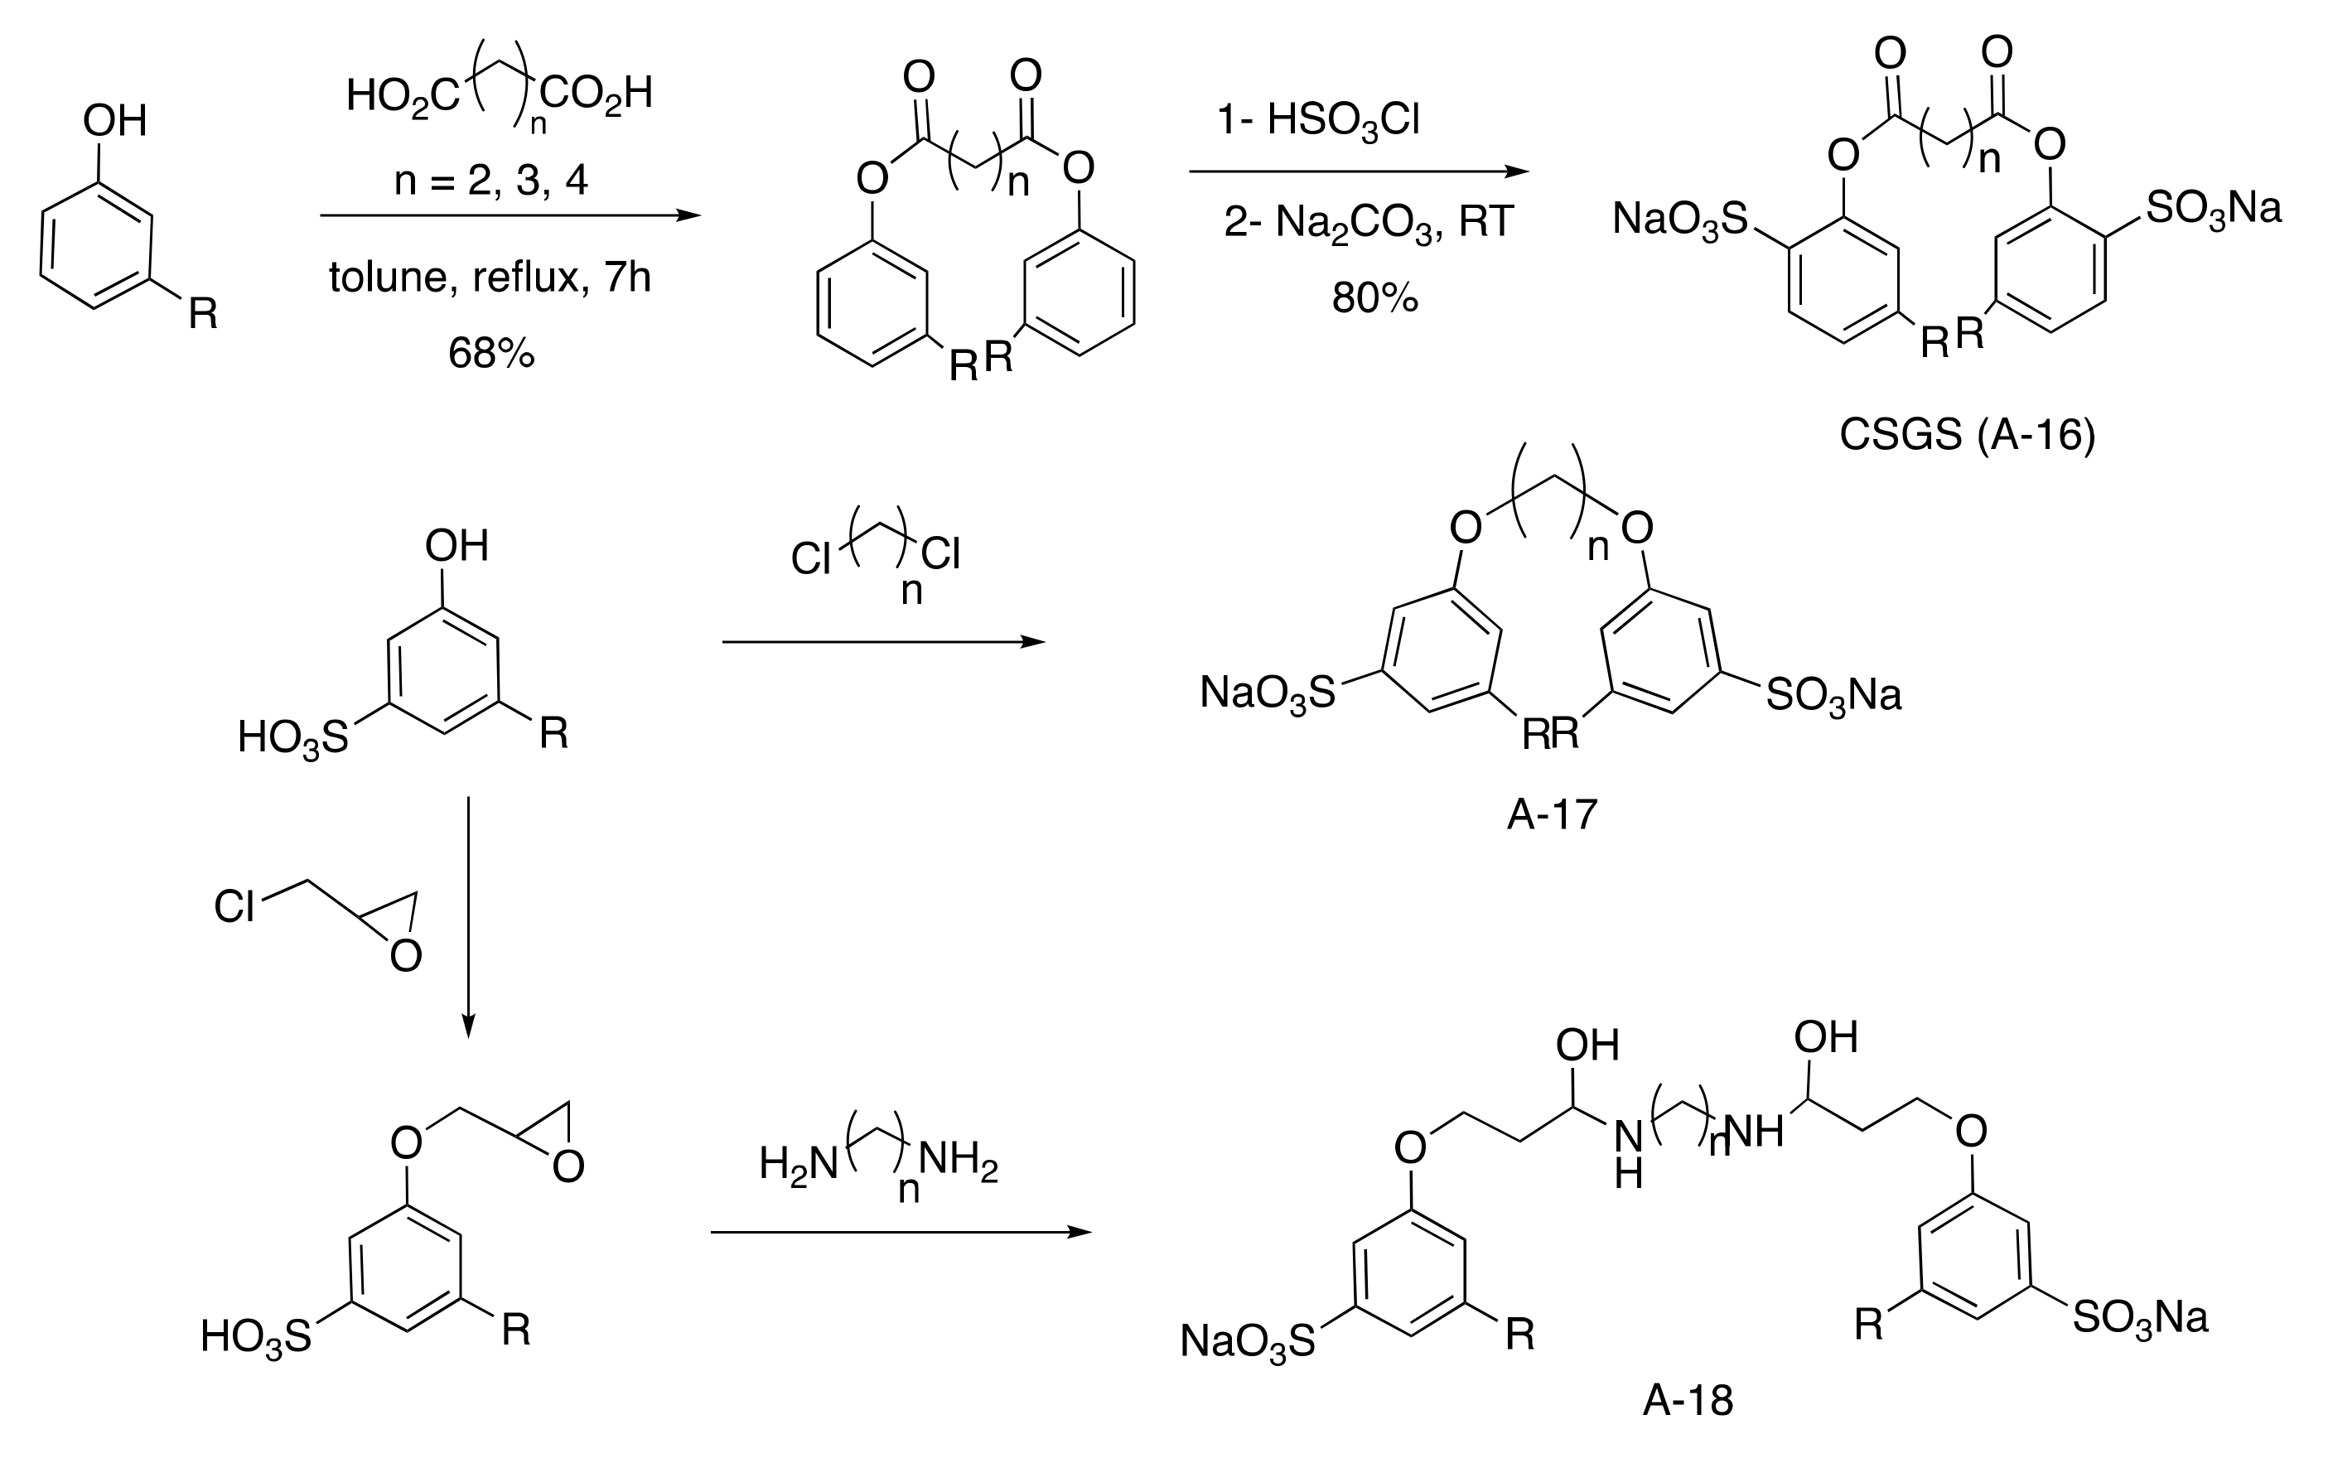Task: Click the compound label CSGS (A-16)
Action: click(x=1966, y=436)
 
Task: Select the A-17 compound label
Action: click(x=1551, y=814)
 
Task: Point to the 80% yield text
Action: click(x=1374, y=298)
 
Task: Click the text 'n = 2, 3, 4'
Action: click(x=490, y=181)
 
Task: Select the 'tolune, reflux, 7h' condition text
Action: click(x=490, y=278)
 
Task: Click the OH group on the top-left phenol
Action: click(x=114, y=122)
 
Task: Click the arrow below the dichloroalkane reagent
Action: click(x=882, y=641)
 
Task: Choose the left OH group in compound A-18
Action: click(x=1587, y=1046)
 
